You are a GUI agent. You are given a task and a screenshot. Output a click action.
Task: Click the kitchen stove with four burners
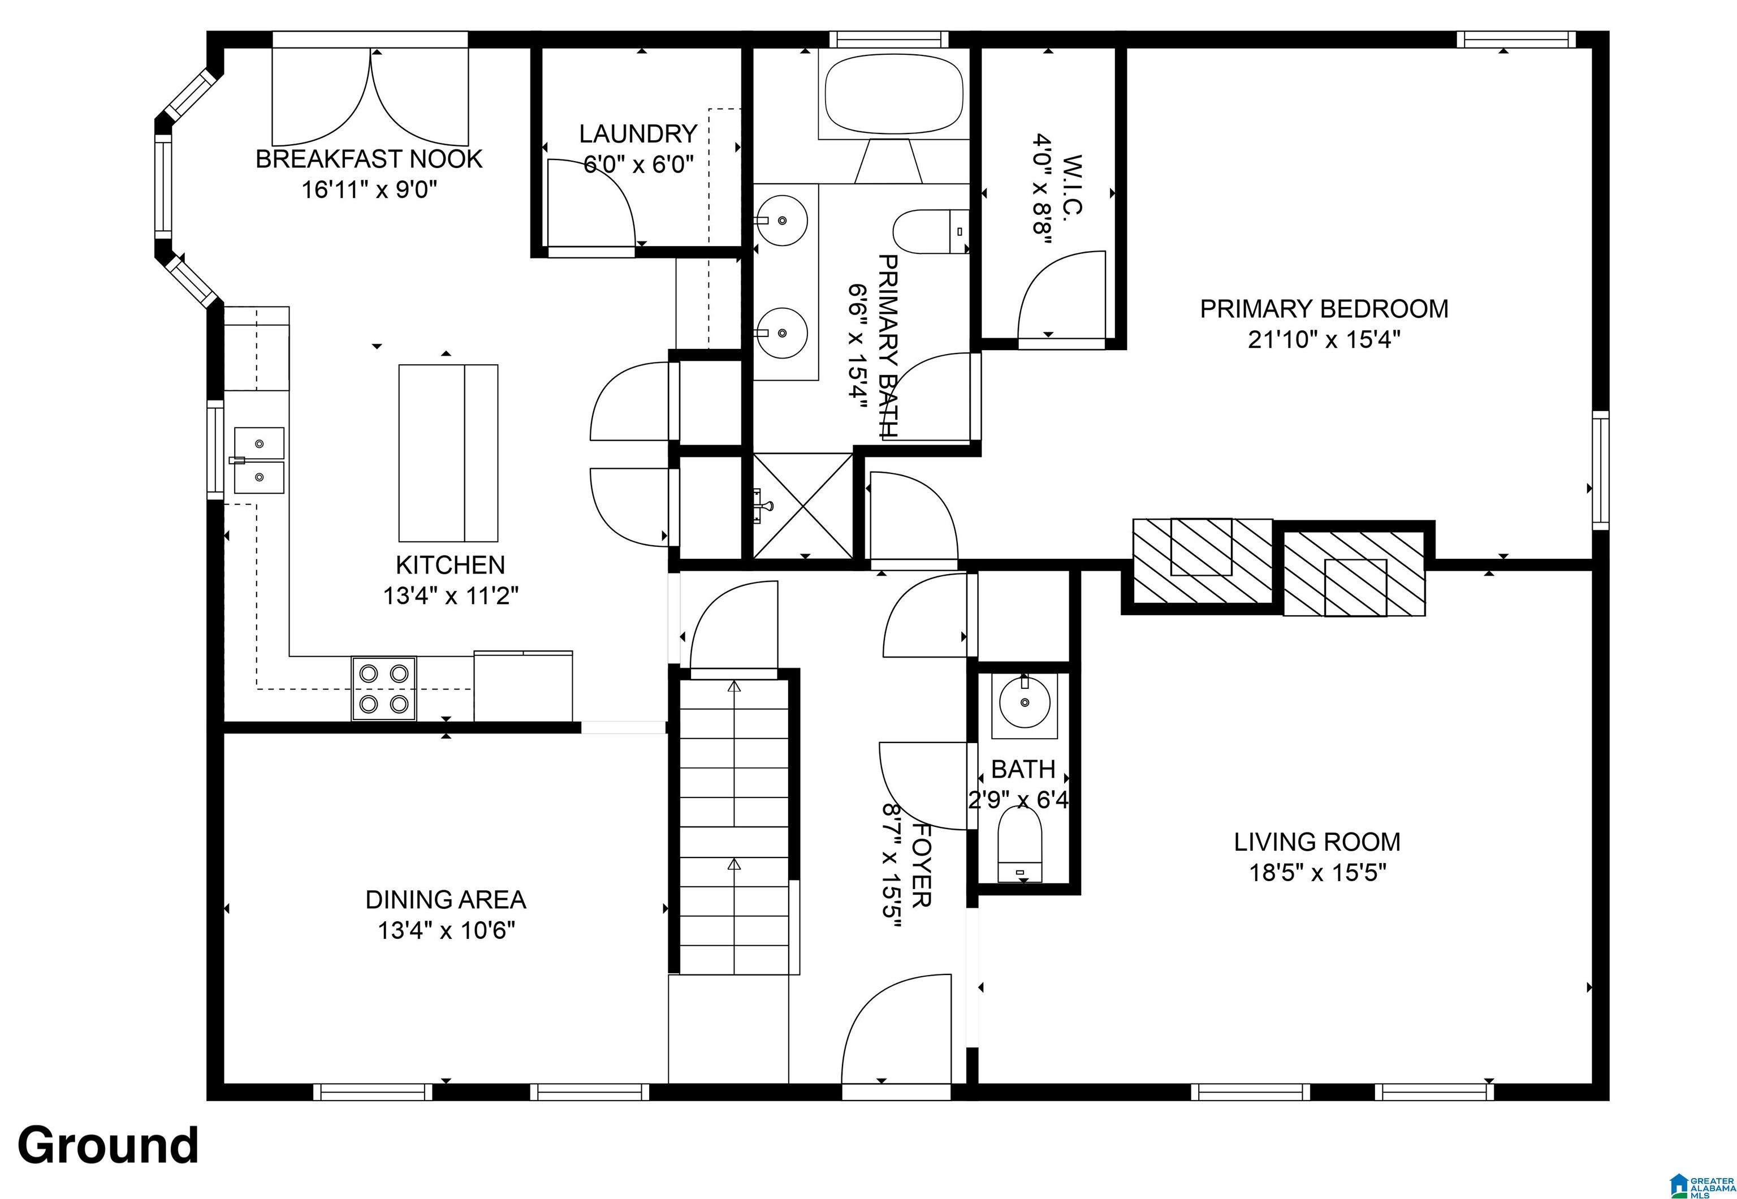384,688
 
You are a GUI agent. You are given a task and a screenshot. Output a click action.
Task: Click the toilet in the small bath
1020,844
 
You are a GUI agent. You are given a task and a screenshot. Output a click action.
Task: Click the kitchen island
448,453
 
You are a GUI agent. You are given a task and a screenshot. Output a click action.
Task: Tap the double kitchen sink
259,460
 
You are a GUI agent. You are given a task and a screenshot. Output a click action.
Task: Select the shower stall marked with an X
803,506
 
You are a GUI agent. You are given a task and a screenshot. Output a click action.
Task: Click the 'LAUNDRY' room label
638,133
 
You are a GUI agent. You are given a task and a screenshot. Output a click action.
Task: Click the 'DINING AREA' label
446,899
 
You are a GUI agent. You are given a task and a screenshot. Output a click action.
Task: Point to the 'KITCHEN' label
451,564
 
